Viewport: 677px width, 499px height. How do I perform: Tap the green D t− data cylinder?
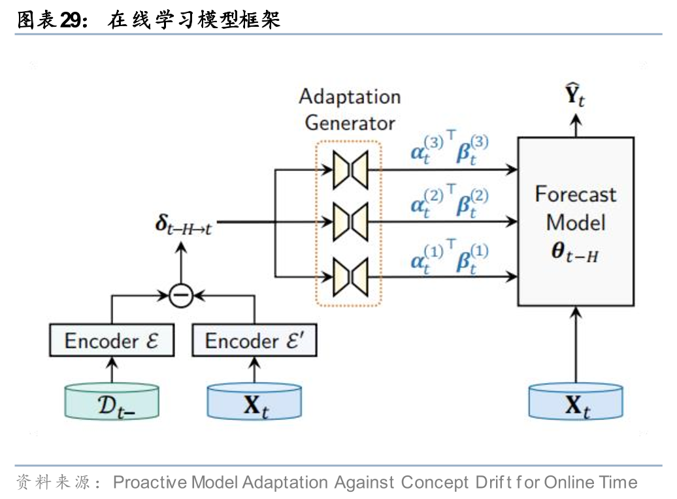point(112,402)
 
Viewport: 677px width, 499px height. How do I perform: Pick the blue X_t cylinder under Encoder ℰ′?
point(255,402)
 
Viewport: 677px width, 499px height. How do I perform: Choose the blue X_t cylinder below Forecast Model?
point(576,402)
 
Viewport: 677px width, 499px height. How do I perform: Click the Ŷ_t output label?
point(575,98)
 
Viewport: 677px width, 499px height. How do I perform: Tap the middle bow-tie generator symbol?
point(350,222)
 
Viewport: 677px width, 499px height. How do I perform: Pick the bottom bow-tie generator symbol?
point(350,276)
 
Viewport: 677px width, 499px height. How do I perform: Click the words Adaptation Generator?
point(350,109)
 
